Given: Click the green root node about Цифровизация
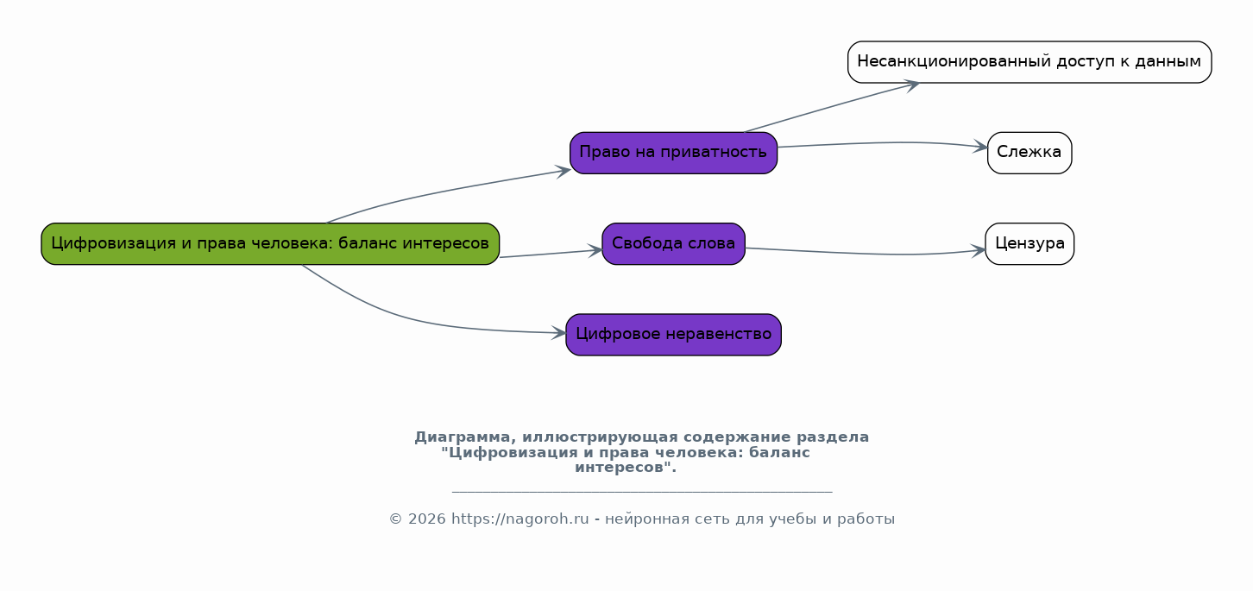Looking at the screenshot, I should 270,243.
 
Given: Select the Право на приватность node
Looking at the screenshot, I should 673,153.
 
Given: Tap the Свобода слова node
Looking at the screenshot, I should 673,243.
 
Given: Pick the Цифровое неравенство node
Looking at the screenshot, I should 673,335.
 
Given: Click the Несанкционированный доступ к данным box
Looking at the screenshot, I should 1029,62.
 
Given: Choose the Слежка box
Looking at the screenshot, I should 1029,153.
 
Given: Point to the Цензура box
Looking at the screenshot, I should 1029,243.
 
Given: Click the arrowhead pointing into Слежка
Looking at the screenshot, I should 981,148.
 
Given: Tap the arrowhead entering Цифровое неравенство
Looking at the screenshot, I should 559,332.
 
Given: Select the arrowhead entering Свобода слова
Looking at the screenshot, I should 595,250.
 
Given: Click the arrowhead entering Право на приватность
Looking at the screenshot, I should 564,170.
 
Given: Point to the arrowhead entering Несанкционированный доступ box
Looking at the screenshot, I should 911,84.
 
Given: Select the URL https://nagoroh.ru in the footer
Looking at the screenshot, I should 519,519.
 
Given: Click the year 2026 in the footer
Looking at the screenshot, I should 427,519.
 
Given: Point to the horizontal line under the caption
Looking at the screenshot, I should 641,492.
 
